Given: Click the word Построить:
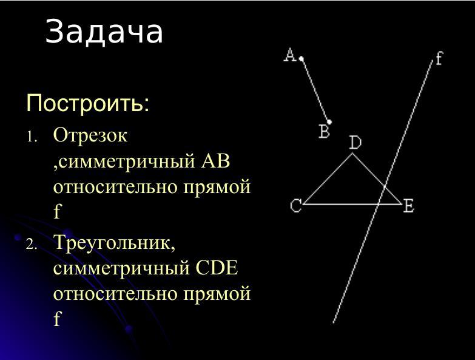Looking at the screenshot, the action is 88,103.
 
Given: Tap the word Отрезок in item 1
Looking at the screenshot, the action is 90,135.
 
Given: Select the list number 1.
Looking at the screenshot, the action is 32,137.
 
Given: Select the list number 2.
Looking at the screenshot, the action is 32,245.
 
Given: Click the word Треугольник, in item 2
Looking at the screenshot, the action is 115,243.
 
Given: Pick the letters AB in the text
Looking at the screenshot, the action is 215,161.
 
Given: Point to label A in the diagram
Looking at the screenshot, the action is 290,55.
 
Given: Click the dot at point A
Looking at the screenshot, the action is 302,59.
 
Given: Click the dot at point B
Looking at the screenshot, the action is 329,122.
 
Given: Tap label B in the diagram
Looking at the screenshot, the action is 324,132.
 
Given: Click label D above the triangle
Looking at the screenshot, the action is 355,143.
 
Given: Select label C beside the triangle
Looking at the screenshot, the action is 295,206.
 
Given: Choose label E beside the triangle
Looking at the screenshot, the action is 408,206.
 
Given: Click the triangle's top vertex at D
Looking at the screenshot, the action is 352,154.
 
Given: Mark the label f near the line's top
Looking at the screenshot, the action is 439,58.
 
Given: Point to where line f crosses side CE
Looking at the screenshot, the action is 377,204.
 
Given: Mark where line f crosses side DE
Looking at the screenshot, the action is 384,186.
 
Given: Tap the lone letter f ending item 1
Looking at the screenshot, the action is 57,211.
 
